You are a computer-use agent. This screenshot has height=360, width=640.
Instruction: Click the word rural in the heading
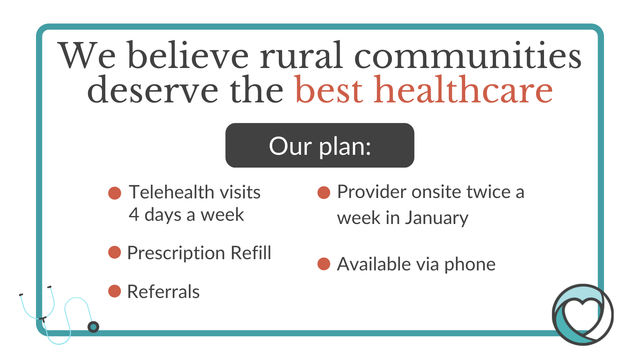pyautogui.click(x=301, y=56)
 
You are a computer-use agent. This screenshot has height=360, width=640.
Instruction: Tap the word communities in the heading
pyautogui.click(x=468, y=54)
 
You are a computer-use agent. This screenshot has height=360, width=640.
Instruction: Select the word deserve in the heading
pyautogui.click(x=152, y=90)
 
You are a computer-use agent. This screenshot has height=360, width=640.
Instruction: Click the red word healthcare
pyautogui.click(x=463, y=89)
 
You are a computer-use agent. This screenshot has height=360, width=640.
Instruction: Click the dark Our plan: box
pyautogui.click(x=320, y=145)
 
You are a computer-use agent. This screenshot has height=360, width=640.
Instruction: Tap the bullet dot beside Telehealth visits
pyautogui.click(x=114, y=193)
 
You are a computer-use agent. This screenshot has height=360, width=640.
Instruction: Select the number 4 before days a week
pyautogui.click(x=134, y=214)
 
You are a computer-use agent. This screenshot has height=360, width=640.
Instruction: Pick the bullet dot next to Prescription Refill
pyautogui.click(x=114, y=252)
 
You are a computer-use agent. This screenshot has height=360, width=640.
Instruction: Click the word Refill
pyautogui.click(x=251, y=252)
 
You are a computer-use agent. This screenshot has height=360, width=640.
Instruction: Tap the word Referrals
pyautogui.click(x=164, y=292)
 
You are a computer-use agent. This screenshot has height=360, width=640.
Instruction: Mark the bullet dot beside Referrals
pyautogui.click(x=114, y=291)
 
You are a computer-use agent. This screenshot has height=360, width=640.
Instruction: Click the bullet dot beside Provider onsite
pyautogui.click(x=324, y=192)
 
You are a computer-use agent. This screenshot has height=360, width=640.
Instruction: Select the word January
pyautogui.click(x=437, y=218)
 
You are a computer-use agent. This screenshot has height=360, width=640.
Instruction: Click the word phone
pyautogui.click(x=470, y=265)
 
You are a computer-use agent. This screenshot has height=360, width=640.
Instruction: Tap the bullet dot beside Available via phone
pyautogui.click(x=324, y=264)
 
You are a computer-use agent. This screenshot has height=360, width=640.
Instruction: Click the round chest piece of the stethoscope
pyautogui.click(x=93, y=327)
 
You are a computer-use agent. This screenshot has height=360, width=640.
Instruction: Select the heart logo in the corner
pyautogui.click(x=583, y=314)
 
